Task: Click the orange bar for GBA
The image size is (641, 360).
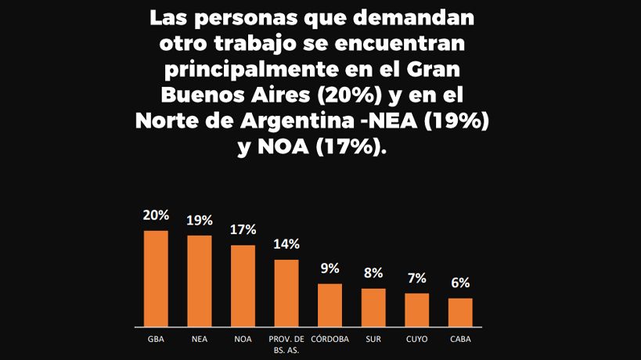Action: [156, 278]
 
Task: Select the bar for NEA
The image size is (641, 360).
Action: [200, 280]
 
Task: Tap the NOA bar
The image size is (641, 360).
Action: [243, 286]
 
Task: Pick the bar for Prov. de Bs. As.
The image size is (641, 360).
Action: [286, 293]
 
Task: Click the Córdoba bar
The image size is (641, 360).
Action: [330, 304]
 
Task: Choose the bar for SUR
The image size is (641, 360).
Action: [373, 307]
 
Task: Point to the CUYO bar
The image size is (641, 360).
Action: [416, 309]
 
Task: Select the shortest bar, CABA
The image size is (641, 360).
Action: [460, 311]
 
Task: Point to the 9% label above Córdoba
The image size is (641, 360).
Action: [330, 268]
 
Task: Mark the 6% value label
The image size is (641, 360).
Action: [460, 283]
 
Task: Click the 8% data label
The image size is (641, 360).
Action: [373, 273]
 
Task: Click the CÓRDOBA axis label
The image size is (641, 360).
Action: [330, 340]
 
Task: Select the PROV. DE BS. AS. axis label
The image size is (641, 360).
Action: [286, 344]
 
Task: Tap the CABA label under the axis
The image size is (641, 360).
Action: [460, 340]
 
